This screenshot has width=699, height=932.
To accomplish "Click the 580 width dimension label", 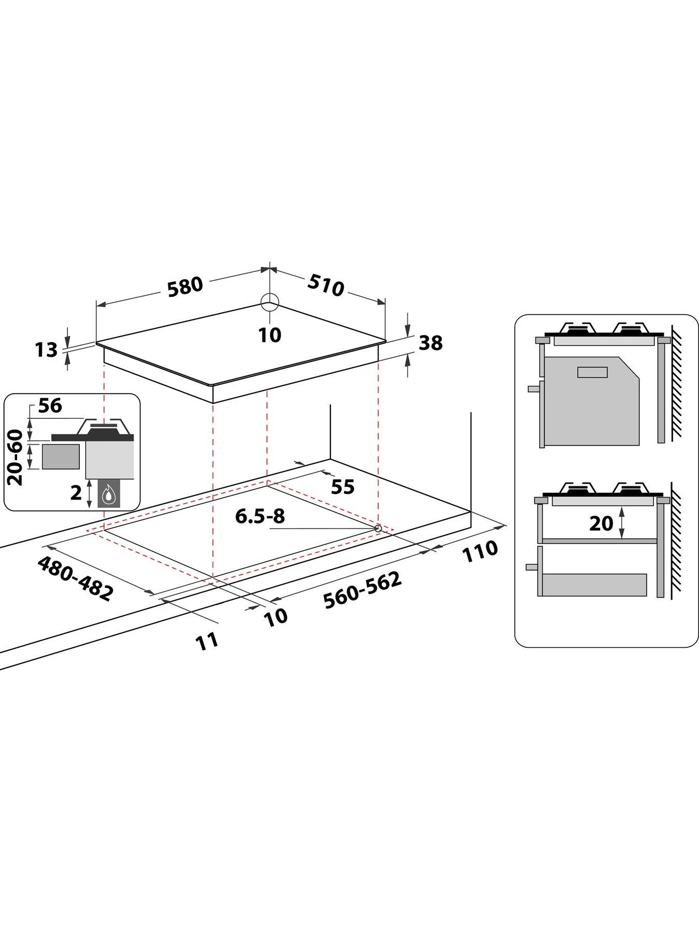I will [x=184, y=286].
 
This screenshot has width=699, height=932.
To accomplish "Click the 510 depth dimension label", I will [x=326, y=285].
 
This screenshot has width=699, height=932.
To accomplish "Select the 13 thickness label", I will [x=46, y=350].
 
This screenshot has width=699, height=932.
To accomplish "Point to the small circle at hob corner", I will [x=270, y=302].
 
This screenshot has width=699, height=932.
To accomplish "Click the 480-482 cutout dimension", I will [x=75, y=578].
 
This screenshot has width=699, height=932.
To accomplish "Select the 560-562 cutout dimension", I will [x=362, y=590].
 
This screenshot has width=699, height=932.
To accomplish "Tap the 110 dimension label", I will [x=479, y=551].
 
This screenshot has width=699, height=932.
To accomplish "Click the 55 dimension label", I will [x=342, y=487].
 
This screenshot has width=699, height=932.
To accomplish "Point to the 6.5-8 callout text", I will [x=260, y=516].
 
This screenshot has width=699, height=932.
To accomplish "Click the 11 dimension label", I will [x=207, y=641].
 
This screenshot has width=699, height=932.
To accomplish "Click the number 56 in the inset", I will [x=50, y=405].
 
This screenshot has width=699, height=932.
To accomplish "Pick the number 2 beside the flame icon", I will [x=76, y=493].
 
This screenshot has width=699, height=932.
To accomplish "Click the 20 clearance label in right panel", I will [x=601, y=523].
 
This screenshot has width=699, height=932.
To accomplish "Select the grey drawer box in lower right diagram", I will [x=594, y=585].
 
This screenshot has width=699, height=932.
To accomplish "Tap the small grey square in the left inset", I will [x=61, y=457].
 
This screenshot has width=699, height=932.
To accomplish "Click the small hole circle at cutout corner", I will [x=378, y=528].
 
